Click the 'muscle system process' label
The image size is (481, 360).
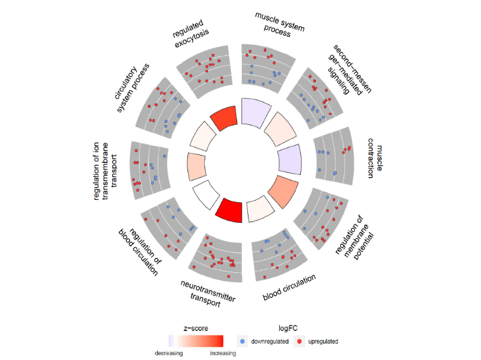pyautogui.click(x=279, y=25)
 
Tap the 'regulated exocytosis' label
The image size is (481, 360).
pyautogui.click(x=190, y=34)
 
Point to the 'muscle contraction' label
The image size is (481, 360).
pyautogui.click(x=375, y=158)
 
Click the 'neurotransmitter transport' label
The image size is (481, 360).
pyautogui.click(x=207, y=294)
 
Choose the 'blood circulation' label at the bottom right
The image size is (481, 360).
pyautogui.click(x=289, y=287)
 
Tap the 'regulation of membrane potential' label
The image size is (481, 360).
pyautogui.click(x=355, y=238)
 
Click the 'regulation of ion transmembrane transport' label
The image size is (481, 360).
pyautogui.click(x=105, y=171)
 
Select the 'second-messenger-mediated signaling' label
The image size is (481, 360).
pyautogui.click(x=349, y=70)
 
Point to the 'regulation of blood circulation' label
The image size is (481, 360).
pyautogui.click(x=140, y=252)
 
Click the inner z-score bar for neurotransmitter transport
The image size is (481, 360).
pyautogui.click(x=230, y=210)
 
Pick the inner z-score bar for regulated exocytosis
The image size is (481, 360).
pyautogui.click(x=224, y=118)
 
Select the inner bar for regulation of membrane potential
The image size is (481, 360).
pyautogui.click(x=283, y=191)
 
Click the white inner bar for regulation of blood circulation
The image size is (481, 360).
pyautogui.click(x=206, y=194)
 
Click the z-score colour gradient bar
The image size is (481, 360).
pyautogui.click(x=195, y=341)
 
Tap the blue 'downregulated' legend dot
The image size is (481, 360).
pyautogui.click(x=242, y=341)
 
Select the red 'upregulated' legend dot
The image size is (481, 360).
pyautogui.click(x=299, y=341)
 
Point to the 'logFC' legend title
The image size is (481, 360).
pyautogui.click(x=288, y=329)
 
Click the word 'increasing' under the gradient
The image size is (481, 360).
pyautogui.click(x=223, y=353)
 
